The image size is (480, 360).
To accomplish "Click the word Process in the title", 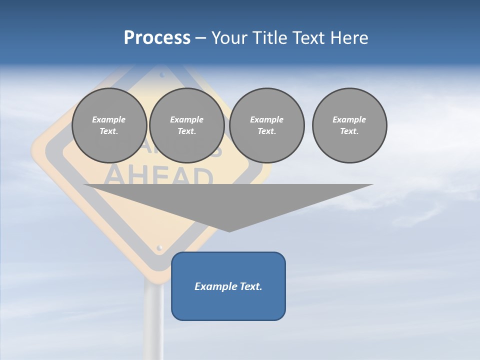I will pos(157,38).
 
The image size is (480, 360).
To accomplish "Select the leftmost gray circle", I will pos(109,125).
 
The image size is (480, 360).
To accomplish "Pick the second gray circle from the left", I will pos(186,125).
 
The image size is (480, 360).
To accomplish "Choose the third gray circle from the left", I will pos(266,125).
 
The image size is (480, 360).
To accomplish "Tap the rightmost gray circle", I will pos(349,125).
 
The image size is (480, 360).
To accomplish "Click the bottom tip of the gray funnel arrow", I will pos(229,230).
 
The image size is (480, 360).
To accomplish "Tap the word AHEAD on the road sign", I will pos(160,176).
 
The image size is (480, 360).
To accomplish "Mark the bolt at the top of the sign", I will pos(162,75).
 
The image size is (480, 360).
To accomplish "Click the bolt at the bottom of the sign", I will pos(159,247).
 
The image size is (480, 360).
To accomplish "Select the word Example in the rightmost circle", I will pos(349,119).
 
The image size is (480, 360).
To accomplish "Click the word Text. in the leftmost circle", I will pos(109,131).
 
